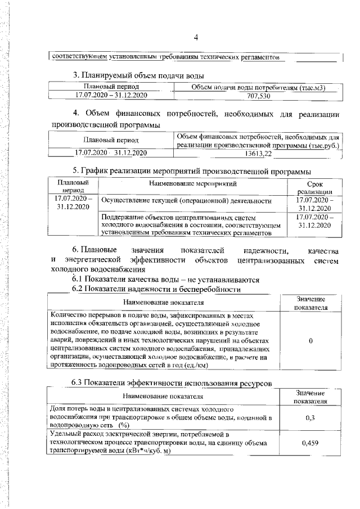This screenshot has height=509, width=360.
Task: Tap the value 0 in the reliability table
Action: (x=310, y=341)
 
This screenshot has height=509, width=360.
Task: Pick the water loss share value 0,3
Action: (x=310, y=418)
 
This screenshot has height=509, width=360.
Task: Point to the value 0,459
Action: (x=310, y=443)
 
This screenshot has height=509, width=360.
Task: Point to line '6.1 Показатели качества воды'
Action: (x=165, y=279)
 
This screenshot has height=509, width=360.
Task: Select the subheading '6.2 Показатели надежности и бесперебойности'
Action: (x=156, y=289)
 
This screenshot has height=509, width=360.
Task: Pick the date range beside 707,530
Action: (x=111, y=96)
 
